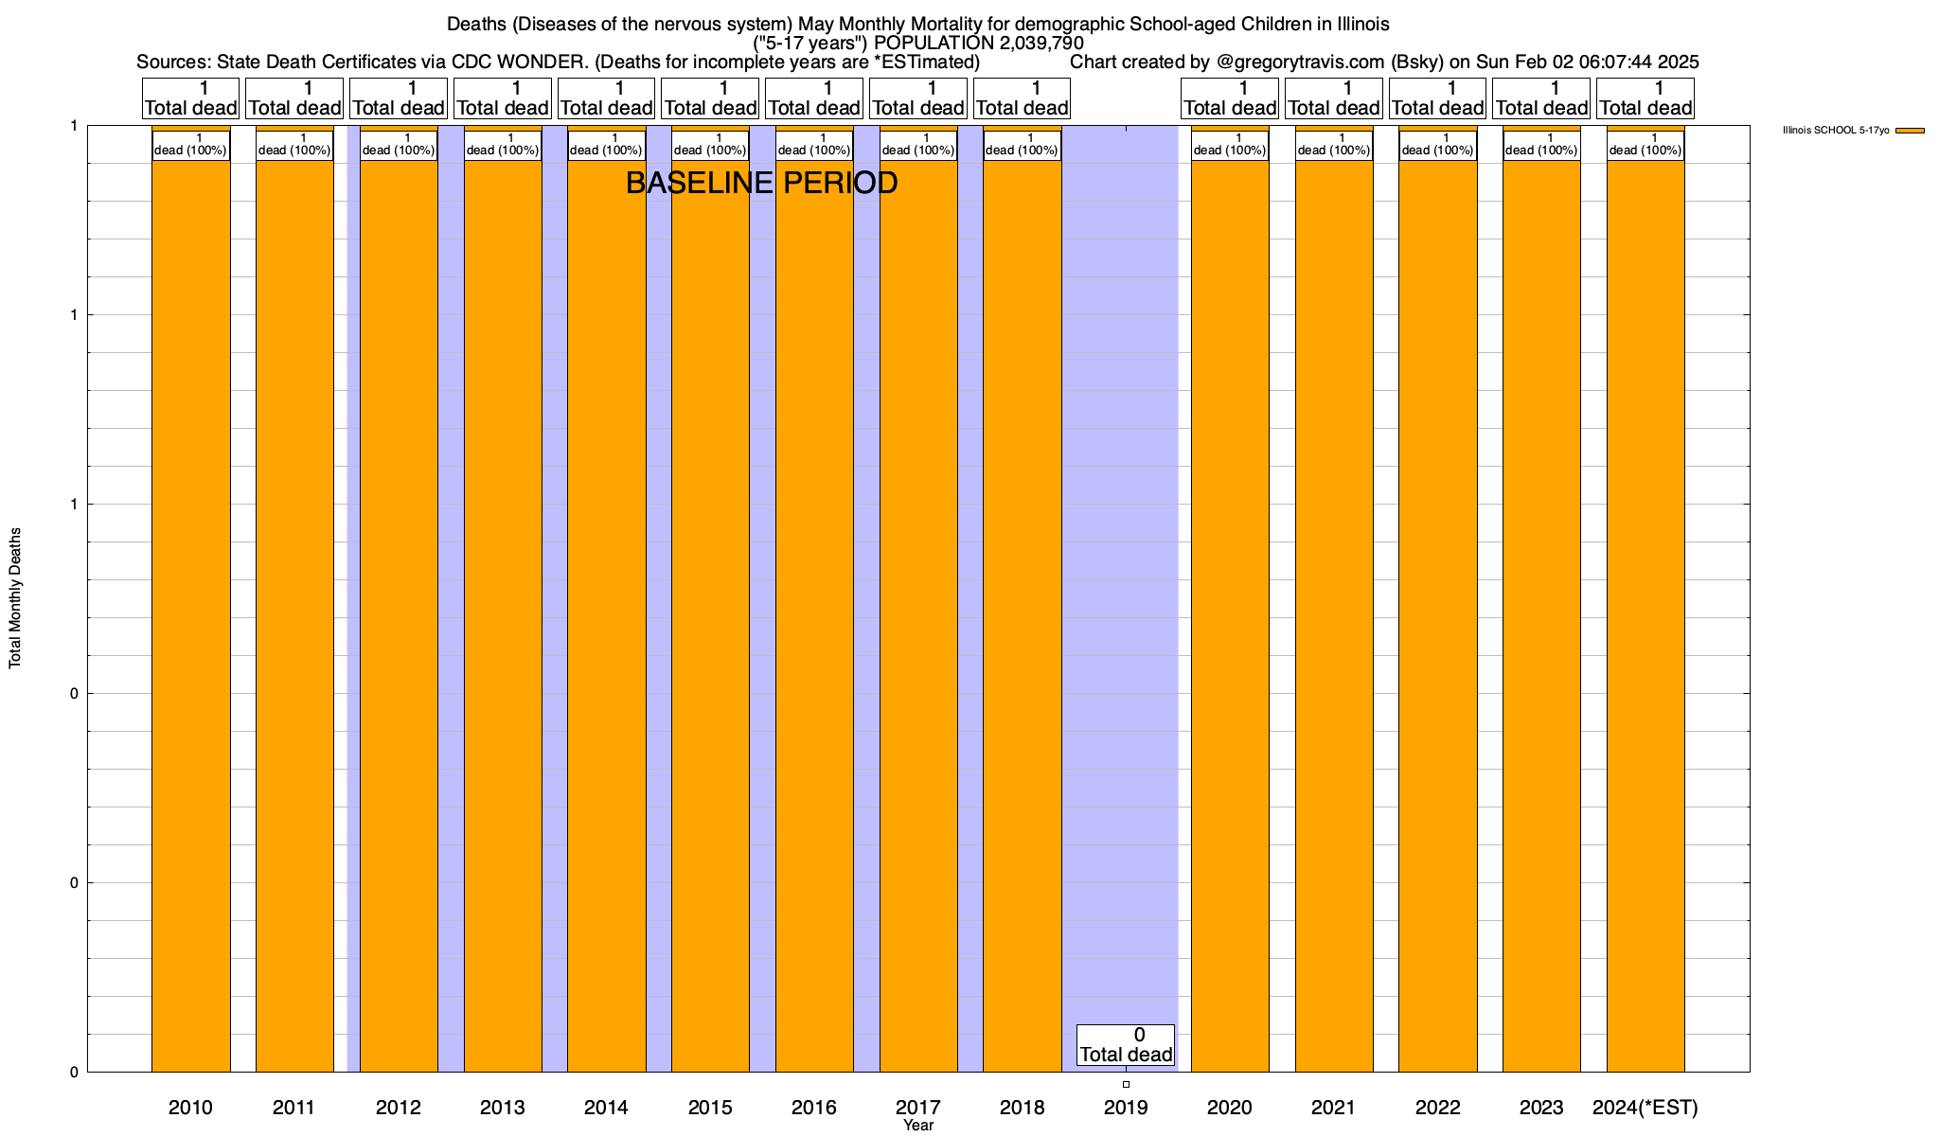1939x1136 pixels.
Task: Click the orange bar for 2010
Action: (190, 615)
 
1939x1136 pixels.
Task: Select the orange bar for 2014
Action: (606, 615)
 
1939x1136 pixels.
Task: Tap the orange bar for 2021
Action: (1334, 615)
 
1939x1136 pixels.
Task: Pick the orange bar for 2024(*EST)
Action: (1645, 615)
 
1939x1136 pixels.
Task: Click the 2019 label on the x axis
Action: (1126, 1108)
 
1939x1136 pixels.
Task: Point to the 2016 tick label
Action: (814, 1108)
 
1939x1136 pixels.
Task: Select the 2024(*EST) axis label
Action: (1645, 1108)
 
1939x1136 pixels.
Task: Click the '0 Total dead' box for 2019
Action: (1126, 1045)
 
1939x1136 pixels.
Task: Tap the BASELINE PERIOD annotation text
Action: (761, 183)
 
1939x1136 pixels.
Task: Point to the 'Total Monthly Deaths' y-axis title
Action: (15, 598)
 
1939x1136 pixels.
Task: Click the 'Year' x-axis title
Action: (918, 1126)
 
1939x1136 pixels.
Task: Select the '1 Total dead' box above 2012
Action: (398, 98)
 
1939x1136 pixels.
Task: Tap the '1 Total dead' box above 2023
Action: (1541, 98)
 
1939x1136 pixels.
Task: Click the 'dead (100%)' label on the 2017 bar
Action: (918, 146)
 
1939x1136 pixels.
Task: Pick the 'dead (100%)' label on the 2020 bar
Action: (1230, 146)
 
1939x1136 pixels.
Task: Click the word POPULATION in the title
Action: (933, 44)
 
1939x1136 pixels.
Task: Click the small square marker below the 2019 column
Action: (1126, 1084)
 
